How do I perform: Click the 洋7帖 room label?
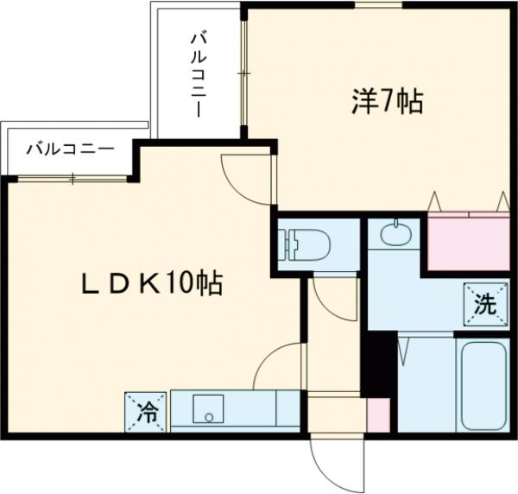pos(387,104)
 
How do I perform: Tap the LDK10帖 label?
pos(152,283)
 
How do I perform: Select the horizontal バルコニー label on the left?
pos(69,149)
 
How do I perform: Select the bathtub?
pos(483,388)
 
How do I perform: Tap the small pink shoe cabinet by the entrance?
pos(378,415)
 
